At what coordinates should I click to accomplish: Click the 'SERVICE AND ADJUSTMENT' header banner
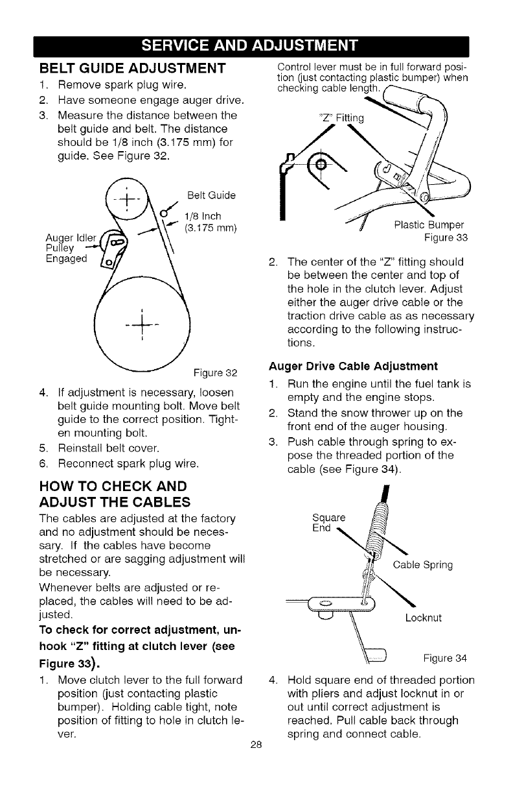256,47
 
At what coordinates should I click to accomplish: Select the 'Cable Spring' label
422,564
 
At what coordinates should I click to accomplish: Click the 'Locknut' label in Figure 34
424,618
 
